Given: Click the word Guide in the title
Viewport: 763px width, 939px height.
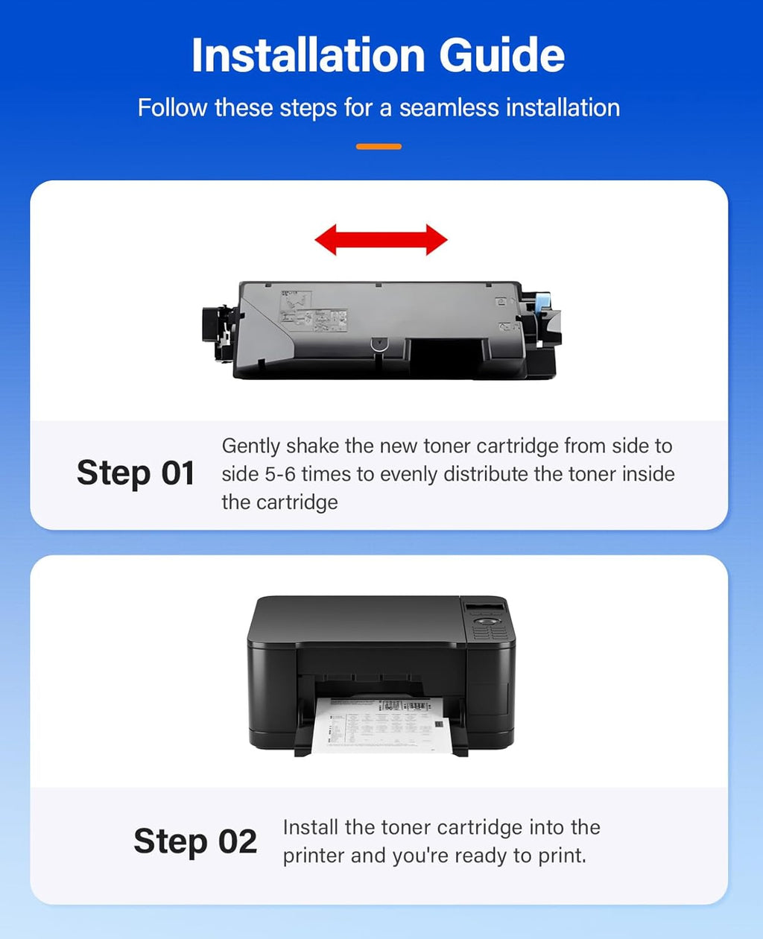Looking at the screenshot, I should (501, 55).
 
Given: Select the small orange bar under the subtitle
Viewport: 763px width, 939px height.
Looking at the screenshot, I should (379, 147).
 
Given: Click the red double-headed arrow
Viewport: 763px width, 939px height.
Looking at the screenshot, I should (381, 240).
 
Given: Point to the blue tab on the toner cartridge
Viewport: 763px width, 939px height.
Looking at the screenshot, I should (542, 303).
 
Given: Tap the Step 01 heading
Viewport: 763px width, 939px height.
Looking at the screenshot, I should (136, 473).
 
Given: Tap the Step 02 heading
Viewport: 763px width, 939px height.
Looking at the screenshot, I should (195, 841).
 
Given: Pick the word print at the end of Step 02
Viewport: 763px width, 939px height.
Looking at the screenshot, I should (564, 856).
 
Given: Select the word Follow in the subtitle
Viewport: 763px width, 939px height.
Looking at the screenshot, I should (172, 108).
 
